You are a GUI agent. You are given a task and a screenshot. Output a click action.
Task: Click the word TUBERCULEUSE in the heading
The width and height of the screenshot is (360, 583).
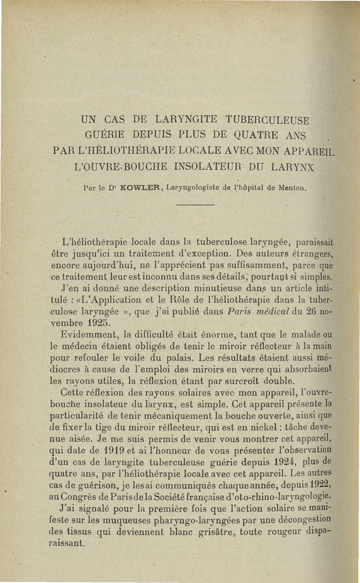pos(265,120)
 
